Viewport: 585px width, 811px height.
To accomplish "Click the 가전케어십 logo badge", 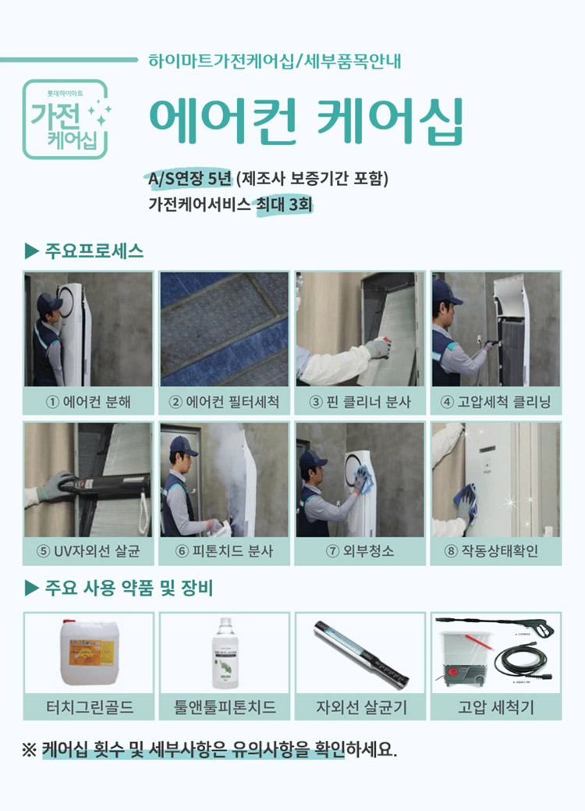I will point(66,119).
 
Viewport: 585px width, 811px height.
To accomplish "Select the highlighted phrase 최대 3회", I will point(285,205).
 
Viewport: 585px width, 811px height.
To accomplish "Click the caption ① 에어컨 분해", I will point(88,403).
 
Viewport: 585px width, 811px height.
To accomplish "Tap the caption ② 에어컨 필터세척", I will point(224,403).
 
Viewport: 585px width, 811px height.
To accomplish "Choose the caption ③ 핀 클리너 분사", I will point(360,403).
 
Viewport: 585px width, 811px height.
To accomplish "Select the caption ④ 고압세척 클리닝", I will point(495,403).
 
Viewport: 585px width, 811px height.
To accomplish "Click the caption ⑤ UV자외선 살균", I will point(88,551).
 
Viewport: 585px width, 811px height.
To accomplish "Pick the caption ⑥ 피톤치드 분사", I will point(224,551).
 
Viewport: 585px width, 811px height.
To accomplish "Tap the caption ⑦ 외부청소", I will point(360,551).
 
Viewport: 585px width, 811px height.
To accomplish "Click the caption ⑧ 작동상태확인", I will point(495,551).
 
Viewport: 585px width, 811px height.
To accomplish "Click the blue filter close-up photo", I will point(224,329).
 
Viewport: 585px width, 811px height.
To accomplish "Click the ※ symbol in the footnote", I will point(29,751).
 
